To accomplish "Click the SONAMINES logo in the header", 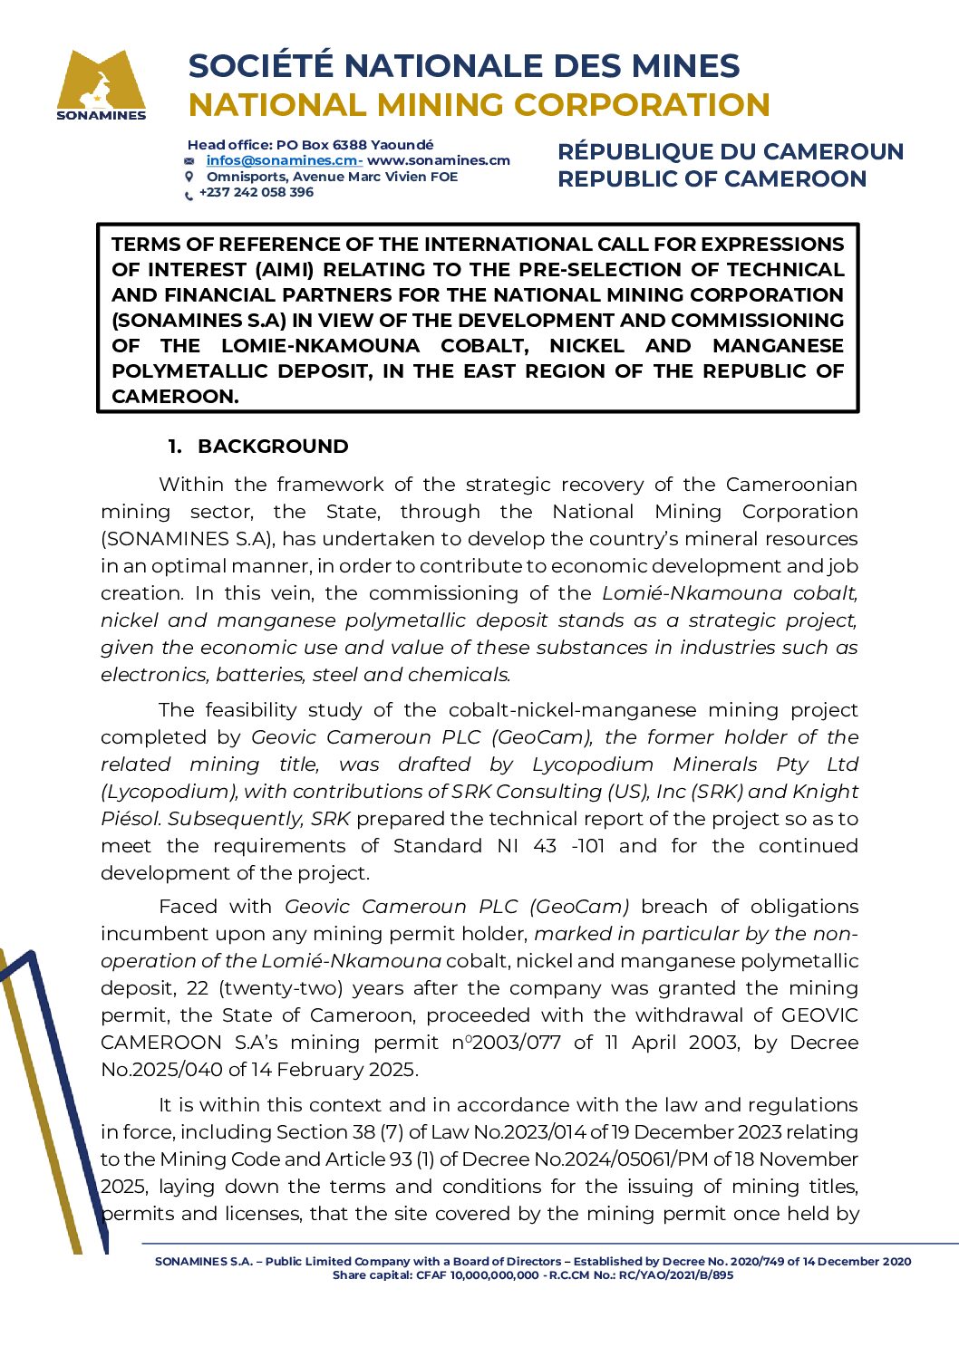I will coord(101,84).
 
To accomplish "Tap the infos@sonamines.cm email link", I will coord(282,160).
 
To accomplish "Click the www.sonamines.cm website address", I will coord(439,160).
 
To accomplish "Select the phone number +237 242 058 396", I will coord(257,192).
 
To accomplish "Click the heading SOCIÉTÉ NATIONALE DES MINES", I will coord(464,66).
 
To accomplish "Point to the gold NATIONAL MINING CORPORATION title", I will coord(479,105).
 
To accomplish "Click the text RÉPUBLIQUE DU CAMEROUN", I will coord(731,151).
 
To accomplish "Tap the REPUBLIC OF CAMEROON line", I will coord(712,178).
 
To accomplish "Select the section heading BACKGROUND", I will coord(273,447).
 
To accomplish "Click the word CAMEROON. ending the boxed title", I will coord(175,397).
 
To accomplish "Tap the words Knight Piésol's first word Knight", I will coord(825,792).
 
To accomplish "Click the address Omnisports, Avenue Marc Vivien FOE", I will coord(332,177).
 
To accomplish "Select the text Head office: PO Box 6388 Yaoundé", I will coord(310,145).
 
